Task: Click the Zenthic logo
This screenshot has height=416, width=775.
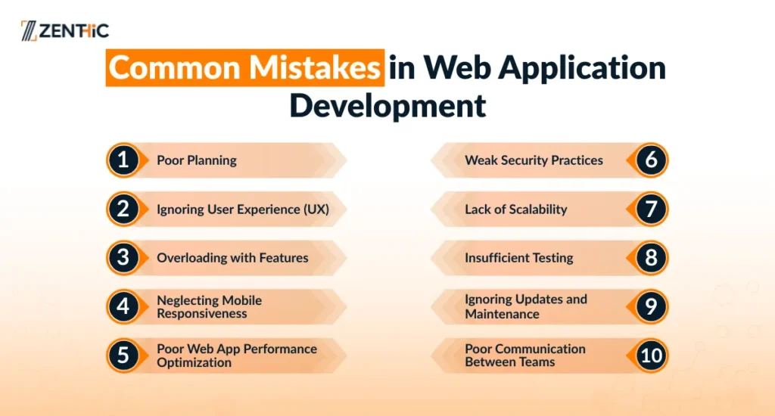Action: coord(65,30)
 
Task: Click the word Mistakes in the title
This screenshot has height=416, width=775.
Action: coord(314,67)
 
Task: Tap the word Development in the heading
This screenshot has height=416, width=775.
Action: coord(387,105)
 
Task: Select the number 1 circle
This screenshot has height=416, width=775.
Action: coord(123,160)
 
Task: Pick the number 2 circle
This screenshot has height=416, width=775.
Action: coord(123,209)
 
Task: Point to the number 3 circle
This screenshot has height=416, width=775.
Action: coord(123,257)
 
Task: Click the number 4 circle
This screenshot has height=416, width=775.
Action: coord(123,306)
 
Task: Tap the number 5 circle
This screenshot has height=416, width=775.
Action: coord(123,355)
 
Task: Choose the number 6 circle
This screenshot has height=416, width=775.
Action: coord(651,160)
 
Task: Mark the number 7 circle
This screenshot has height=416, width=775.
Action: coord(651,209)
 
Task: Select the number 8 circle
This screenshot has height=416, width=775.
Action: coord(651,257)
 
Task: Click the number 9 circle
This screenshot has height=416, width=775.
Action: coord(651,306)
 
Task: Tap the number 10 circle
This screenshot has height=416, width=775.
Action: coord(651,355)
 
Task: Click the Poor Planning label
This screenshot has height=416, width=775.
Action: coord(197,160)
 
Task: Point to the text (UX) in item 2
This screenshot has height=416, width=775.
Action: coord(316,210)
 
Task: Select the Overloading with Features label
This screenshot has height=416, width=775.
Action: coord(232,258)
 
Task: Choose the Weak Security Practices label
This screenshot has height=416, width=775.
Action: coord(534,160)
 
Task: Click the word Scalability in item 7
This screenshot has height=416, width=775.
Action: coord(538,210)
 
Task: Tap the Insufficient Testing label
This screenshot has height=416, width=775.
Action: coord(519,258)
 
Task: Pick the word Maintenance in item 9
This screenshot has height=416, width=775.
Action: coord(503,314)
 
